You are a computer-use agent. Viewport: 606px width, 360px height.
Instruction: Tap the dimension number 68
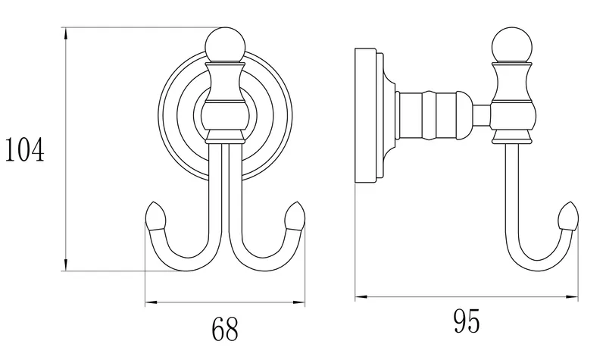click(225, 329)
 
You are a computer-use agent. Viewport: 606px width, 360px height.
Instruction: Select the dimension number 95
click(467, 321)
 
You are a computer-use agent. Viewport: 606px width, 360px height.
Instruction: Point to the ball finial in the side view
click(513, 45)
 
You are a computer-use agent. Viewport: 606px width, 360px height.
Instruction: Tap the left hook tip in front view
click(156, 217)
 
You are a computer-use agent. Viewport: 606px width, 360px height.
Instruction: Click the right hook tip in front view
click(295, 217)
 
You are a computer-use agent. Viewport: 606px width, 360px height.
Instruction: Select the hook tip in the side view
click(569, 217)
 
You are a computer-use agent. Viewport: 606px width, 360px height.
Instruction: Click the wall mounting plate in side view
click(366, 115)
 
